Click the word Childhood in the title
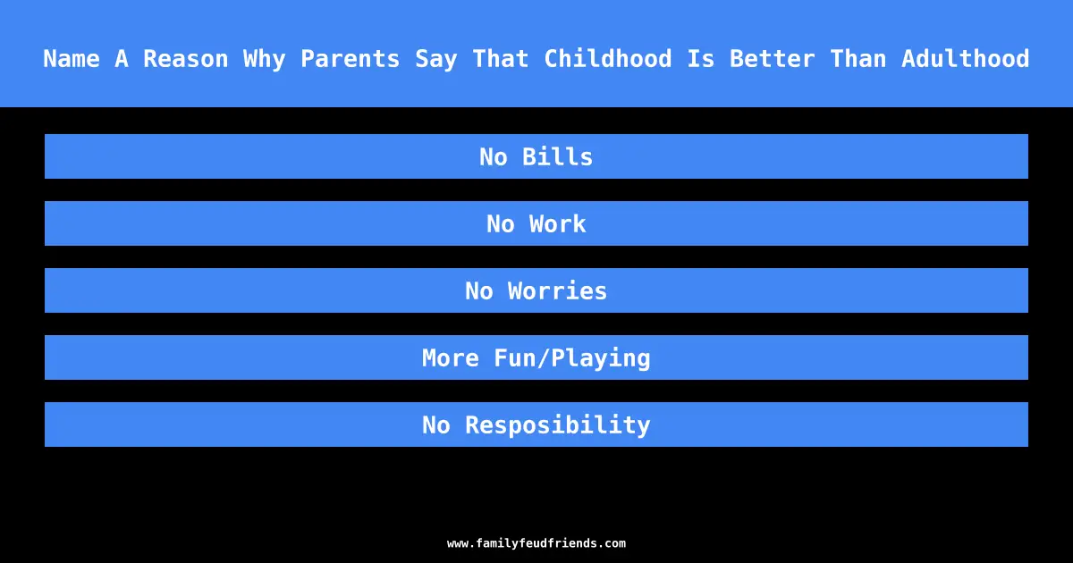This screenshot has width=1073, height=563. tap(608, 59)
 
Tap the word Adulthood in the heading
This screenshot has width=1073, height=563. tap(965, 59)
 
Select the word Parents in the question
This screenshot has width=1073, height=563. tap(351, 59)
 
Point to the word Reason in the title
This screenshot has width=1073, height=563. tap(185, 59)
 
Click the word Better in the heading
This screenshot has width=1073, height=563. tap(773, 59)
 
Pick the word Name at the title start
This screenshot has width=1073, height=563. tap(72, 59)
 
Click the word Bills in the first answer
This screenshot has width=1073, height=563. tap(558, 156)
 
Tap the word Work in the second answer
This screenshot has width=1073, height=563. tap(558, 223)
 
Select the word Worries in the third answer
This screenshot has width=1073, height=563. tap(558, 290)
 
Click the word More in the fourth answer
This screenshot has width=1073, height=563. tap(451, 357)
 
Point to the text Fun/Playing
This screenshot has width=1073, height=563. tap(572, 358)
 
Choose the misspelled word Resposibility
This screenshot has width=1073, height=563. tap(558, 425)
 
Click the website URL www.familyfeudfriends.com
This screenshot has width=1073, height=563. tap(536, 543)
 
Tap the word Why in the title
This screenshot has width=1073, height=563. tap(265, 59)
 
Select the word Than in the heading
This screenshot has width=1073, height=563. tap(858, 59)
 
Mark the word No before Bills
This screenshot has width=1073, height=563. tap(494, 156)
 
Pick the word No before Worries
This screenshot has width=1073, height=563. tap(479, 290)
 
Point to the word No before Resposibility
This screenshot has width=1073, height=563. tap(436, 424)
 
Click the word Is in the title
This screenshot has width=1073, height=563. tap(701, 59)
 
